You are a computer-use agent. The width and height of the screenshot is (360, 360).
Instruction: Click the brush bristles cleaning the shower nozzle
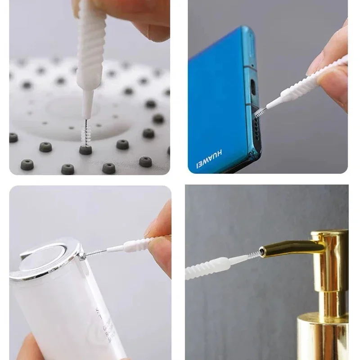tap(83, 132)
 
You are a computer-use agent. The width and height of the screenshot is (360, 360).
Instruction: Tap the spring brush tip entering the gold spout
tap(255, 255)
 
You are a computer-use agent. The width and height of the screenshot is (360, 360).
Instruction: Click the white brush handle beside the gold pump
tap(211, 266)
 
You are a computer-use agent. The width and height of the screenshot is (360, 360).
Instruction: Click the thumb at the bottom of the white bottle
tap(31, 349)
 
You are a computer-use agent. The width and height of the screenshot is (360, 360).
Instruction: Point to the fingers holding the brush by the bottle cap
tap(160, 238)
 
